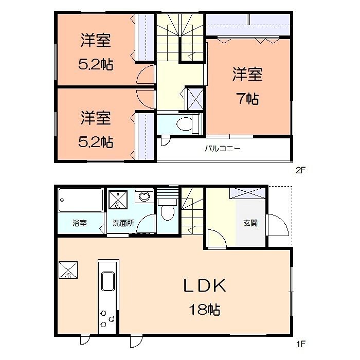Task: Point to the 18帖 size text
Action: pos(205,310)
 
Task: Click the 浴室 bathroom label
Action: pos(80,223)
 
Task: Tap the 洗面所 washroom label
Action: pos(123,223)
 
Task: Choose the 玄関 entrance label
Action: pos(250,223)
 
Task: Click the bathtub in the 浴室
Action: pos(81,200)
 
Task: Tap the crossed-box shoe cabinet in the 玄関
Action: pos(247,193)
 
